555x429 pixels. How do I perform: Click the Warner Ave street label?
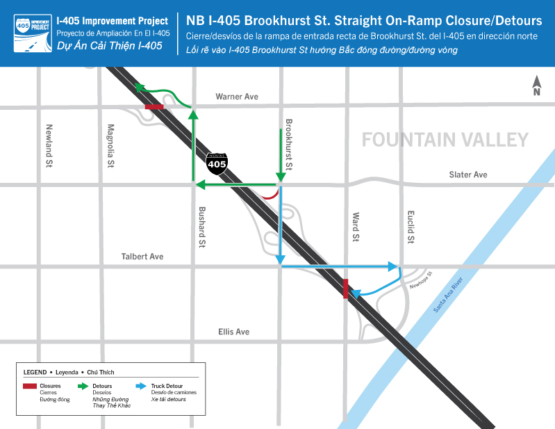click(x=236, y=97)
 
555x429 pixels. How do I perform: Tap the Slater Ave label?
click(x=468, y=175)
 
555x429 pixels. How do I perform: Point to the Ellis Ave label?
click(x=233, y=332)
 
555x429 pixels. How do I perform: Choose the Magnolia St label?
click(x=110, y=146)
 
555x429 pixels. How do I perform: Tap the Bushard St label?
click(x=202, y=227)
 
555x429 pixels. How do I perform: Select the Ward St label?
click(x=355, y=227)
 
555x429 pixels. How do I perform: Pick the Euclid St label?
click(x=411, y=227)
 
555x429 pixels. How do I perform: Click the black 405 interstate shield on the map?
click(x=217, y=163)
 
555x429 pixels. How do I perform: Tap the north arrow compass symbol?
click(x=536, y=86)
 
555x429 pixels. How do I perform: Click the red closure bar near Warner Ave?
click(x=154, y=107)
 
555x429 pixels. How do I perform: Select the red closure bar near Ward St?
click(x=346, y=289)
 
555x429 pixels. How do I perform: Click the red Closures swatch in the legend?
click(x=30, y=385)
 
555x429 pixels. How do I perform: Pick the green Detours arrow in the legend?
click(x=82, y=385)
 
